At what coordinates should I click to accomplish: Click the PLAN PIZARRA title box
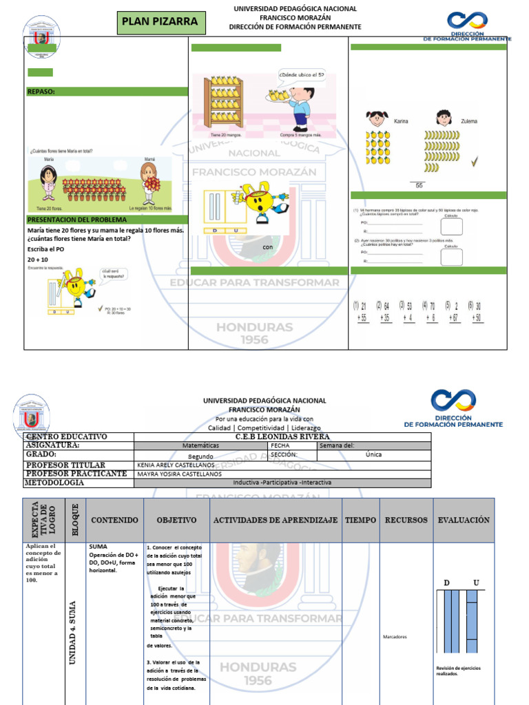coord(160,21)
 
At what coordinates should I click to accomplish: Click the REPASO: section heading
coord(41,91)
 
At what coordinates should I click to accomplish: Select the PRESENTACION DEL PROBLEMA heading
coord(76,219)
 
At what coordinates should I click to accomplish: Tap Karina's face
coord(377,118)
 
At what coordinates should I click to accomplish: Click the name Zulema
coord(468,121)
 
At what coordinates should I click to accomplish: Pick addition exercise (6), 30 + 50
coord(475,311)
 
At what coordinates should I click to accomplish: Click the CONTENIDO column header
coord(114,520)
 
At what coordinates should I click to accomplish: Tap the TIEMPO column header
coord(361,520)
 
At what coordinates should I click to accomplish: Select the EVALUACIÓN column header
coord(464,520)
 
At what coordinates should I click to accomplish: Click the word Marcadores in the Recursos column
coord(395,637)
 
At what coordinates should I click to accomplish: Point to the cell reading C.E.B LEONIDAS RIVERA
coord(282,436)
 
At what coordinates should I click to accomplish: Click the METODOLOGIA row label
coord(54,483)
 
